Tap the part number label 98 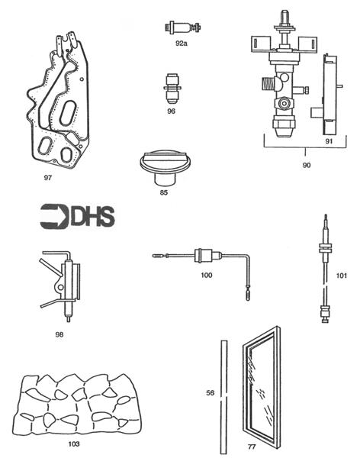pos(59,333)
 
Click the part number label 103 pos(73,442)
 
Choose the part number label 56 pos(211,393)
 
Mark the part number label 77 pos(273,442)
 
